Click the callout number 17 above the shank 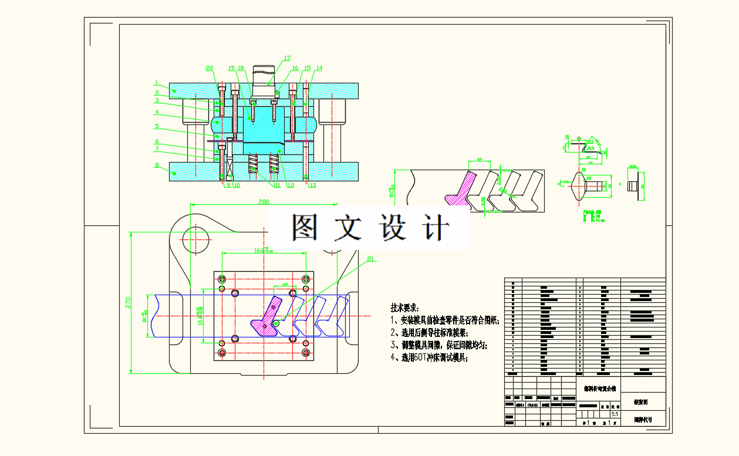[x=287, y=58]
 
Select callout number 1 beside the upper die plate [x=157, y=83]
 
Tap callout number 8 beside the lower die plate [x=157, y=165]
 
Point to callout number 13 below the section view [x=312, y=185]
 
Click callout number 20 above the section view [x=210, y=68]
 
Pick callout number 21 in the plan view [x=370, y=258]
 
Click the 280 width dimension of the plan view [x=264, y=202]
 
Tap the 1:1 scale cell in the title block [x=614, y=414]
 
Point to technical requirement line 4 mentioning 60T [x=429, y=357]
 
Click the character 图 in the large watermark [x=306, y=227]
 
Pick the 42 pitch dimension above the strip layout [x=479, y=159]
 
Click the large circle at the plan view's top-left [x=196, y=237]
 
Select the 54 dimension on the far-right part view [x=642, y=186]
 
